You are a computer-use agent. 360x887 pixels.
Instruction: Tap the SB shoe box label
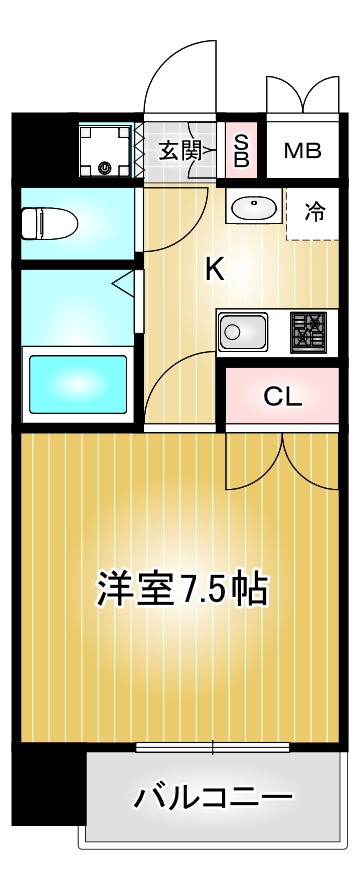click(241, 150)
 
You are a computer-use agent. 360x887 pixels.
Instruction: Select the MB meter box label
click(301, 151)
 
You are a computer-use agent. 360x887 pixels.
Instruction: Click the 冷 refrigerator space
click(314, 211)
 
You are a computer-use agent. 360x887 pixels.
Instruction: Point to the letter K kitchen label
click(214, 268)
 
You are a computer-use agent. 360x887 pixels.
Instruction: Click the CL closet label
click(282, 396)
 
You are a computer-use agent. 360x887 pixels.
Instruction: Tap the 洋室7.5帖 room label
click(181, 588)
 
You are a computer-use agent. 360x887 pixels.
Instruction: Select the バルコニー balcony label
click(214, 797)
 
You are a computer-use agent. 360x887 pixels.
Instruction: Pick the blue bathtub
click(75, 385)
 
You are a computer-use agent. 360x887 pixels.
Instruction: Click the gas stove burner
click(308, 331)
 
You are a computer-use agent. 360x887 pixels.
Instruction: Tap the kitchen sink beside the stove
click(243, 331)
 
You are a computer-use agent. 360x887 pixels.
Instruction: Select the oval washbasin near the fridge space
click(254, 208)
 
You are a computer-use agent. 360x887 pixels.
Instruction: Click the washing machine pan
click(105, 150)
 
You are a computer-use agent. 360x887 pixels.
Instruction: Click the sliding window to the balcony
click(213, 746)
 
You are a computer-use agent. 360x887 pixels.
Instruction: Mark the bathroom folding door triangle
click(122, 285)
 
